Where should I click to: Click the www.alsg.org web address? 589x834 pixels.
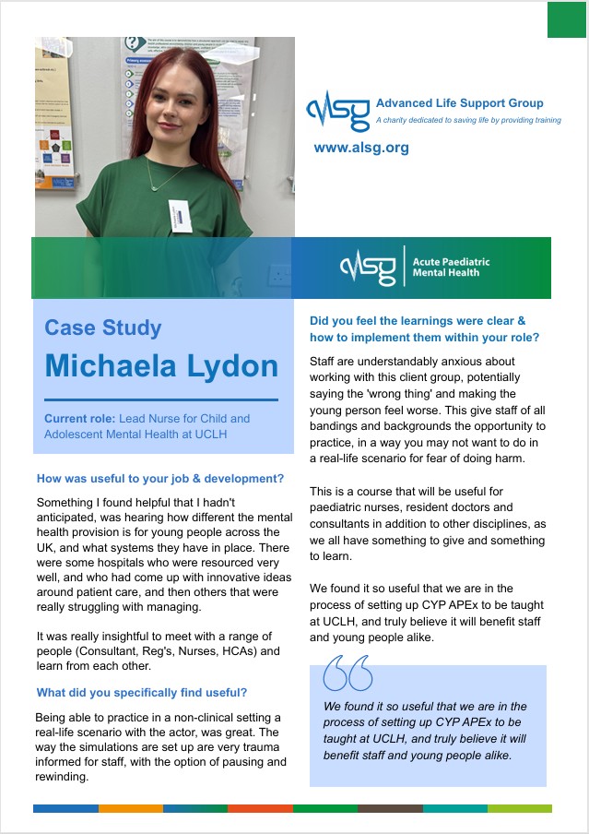pyautogui.click(x=361, y=148)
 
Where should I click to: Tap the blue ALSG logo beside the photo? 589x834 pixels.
pyautogui.click(x=338, y=110)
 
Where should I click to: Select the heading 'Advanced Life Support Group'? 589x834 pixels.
pyautogui.click(x=459, y=103)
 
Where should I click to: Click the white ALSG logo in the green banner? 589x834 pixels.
pyautogui.click(x=368, y=268)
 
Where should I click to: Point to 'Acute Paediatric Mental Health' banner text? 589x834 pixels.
pyautogui.click(x=451, y=268)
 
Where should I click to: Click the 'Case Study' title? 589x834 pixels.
pyautogui.click(x=103, y=328)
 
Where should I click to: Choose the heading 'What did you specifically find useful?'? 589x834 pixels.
pyautogui.click(x=141, y=692)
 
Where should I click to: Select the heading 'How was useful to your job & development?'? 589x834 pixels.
pyautogui.click(x=160, y=479)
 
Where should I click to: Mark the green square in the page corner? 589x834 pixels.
pyautogui.click(x=567, y=19)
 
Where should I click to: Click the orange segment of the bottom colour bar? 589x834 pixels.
pyautogui.click(x=130, y=808)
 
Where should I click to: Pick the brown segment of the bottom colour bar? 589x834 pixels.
pyautogui.click(x=390, y=808)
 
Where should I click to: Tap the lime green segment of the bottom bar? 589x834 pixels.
pyautogui.click(x=520, y=808)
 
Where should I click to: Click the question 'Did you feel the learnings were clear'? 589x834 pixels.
pyautogui.click(x=418, y=321)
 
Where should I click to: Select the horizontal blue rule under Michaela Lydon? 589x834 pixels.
pyautogui.click(x=160, y=399)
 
